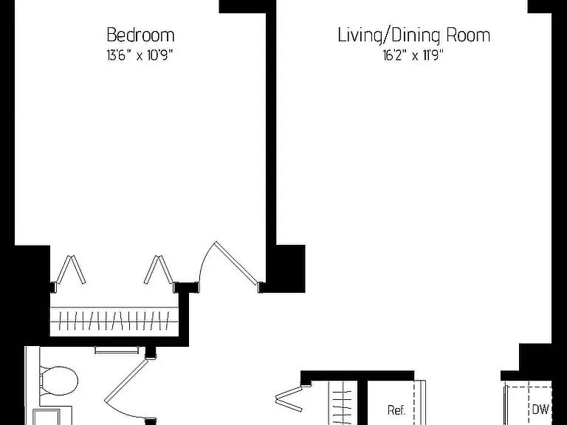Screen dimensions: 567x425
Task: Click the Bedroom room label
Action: [x=141, y=35]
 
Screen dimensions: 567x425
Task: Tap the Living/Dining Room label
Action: [x=414, y=35]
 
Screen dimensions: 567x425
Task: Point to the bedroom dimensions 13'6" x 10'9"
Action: [x=140, y=55]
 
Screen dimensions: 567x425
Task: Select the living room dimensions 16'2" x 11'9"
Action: [x=413, y=55]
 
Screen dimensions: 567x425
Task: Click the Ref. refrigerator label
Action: [x=396, y=410]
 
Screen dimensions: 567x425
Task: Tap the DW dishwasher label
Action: [x=540, y=410]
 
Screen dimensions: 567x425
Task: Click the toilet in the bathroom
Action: [x=58, y=381]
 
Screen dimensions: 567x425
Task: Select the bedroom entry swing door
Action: [x=229, y=266]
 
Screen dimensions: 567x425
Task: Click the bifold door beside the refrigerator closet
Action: [x=289, y=398]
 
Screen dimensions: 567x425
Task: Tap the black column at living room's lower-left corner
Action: [x=291, y=269]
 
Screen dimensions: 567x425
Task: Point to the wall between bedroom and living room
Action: [x=271, y=145]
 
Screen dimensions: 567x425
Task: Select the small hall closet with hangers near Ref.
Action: [x=343, y=403]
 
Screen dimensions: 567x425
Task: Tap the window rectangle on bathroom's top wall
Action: [x=117, y=350]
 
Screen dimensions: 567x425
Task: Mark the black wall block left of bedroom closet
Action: [x=32, y=291]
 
